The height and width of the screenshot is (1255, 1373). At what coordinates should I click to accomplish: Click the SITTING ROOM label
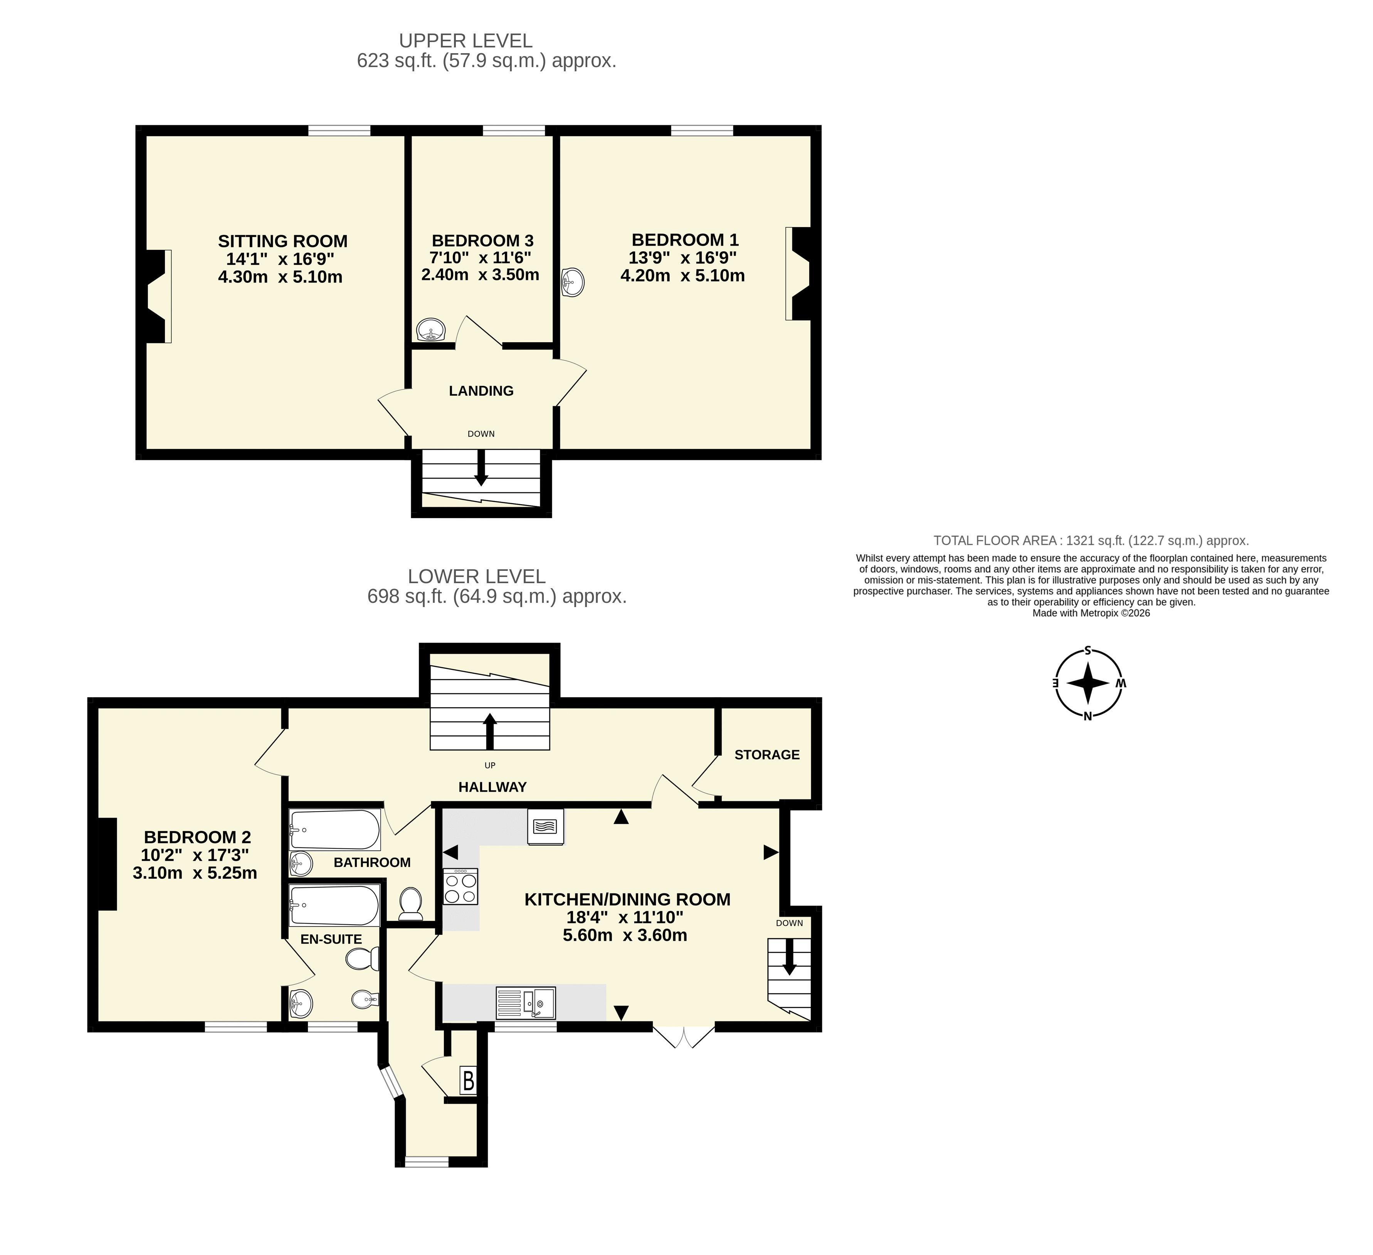pyautogui.click(x=282, y=241)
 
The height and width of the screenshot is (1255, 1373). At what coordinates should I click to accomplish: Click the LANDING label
pyautogui.click(x=481, y=391)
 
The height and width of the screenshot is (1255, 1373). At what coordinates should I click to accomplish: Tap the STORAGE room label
pyautogui.click(x=767, y=755)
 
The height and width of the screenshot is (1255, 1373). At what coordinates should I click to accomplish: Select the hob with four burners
pyautogui.click(x=460, y=887)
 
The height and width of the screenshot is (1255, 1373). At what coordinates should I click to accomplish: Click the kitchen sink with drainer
pyautogui.click(x=526, y=1002)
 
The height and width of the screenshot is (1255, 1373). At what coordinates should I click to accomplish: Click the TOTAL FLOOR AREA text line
pyautogui.click(x=1091, y=541)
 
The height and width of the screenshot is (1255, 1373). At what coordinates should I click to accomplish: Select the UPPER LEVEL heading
pyautogui.click(x=466, y=41)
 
